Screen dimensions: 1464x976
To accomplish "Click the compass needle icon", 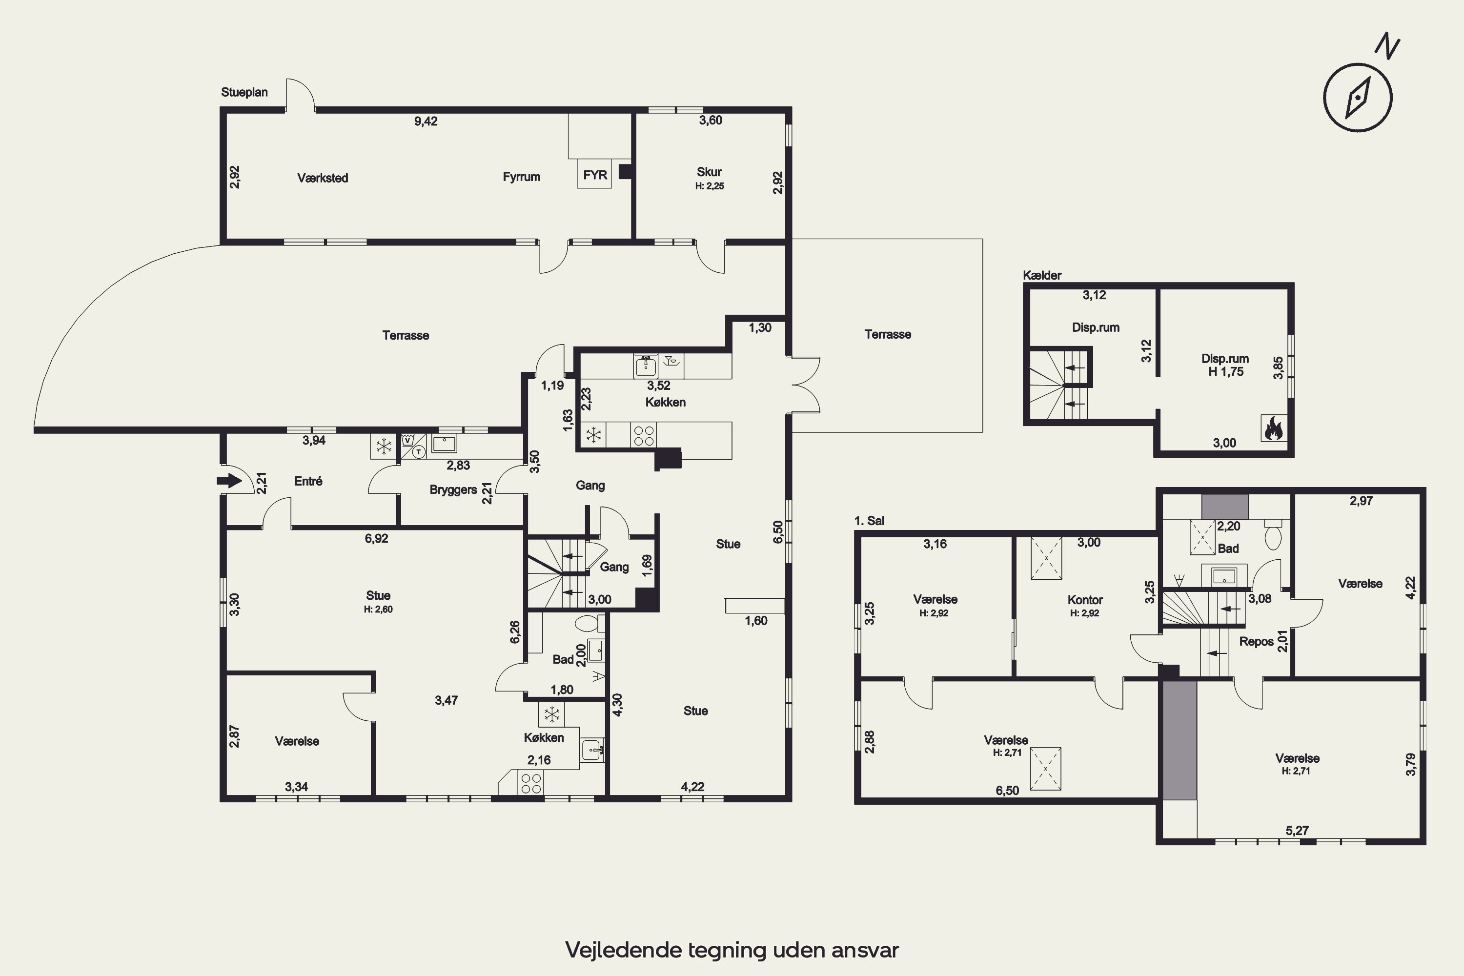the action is [x=1358, y=98].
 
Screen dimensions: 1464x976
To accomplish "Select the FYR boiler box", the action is [x=595, y=175].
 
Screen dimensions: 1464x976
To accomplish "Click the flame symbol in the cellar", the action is [x=1274, y=428].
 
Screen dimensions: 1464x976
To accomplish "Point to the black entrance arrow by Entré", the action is [x=229, y=481].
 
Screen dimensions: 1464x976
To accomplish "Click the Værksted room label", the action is [x=323, y=178].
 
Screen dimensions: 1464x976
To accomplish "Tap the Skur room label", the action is [x=709, y=172].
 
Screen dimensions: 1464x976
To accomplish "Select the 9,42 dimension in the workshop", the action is [x=426, y=122].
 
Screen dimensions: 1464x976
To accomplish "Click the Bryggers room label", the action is [x=453, y=490].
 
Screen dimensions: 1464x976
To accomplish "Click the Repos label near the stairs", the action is [x=1256, y=642].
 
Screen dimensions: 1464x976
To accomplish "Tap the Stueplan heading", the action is [x=244, y=92].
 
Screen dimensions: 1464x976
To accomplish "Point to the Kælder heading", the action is [x=1042, y=275].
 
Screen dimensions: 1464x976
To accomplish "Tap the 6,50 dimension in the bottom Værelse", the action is [x=1007, y=791].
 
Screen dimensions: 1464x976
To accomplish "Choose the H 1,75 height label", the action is [x=1225, y=371].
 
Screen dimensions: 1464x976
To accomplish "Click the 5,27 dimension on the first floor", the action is [x=1297, y=831].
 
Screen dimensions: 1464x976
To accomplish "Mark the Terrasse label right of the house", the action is [x=888, y=334].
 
